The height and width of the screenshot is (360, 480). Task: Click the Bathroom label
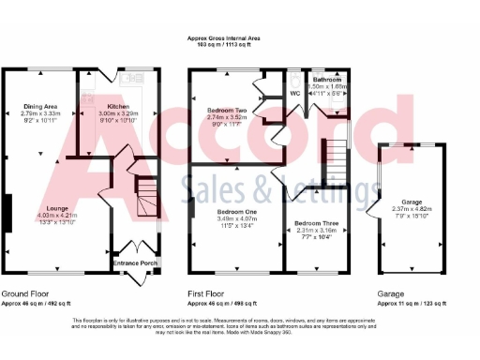pos(330,80)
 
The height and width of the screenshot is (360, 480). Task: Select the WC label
pos(293,94)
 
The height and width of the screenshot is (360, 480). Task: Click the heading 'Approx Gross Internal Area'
pos(223,38)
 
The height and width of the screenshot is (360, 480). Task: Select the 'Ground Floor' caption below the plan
pos(22,292)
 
